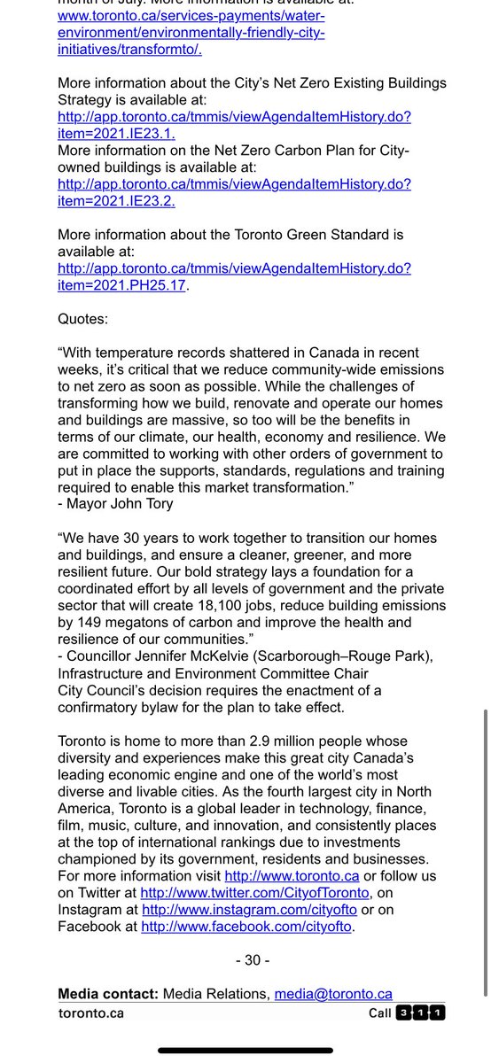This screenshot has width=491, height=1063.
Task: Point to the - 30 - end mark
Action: click(253, 960)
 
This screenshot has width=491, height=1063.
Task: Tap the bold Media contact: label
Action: click(108, 994)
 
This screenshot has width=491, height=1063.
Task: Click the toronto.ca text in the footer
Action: click(90, 1013)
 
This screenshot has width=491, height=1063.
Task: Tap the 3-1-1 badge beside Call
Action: click(422, 1013)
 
